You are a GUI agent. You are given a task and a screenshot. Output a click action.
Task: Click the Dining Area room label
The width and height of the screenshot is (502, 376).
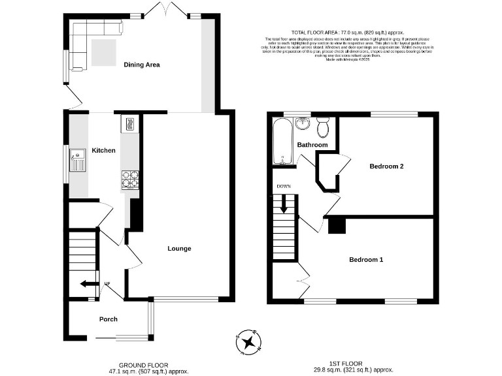(x=142, y=65)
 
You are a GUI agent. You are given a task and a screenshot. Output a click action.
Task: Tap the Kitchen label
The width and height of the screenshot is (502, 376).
(x=103, y=151)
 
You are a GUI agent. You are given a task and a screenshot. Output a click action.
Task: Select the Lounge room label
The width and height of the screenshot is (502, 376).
(x=179, y=249)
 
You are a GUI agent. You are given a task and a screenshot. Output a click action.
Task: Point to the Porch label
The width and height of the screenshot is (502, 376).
(x=109, y=319)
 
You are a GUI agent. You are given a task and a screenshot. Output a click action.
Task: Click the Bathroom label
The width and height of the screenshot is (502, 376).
(x=312, y=145)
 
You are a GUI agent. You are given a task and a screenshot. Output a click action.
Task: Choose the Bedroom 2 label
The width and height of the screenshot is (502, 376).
(x=386, y=166)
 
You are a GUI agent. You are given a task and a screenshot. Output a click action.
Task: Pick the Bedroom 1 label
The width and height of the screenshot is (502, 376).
(x=365, y=260)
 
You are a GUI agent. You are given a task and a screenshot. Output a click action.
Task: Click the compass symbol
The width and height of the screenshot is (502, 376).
(x=248, y=341)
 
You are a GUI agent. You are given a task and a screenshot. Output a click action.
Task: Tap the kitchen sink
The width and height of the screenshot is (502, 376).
(x=78, y=159)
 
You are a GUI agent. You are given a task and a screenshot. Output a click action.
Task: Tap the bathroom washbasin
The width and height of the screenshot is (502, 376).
(x=303, y=124)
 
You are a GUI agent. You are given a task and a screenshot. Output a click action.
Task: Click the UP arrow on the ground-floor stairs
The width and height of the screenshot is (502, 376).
(x=85, y=283)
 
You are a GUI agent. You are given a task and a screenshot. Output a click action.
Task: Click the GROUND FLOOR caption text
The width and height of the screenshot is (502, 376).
(x=143, y=365)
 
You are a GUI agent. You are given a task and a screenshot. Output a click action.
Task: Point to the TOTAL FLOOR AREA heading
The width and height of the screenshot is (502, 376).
(x=348, y=32)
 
